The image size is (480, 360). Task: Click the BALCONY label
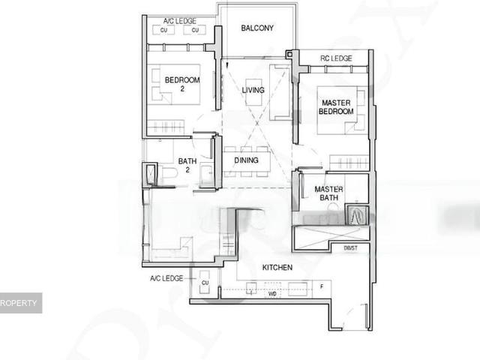257,28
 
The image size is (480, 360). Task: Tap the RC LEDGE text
336,58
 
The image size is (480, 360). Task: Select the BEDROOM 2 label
182,84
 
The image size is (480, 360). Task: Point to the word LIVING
253,91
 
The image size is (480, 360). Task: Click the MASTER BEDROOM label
336,106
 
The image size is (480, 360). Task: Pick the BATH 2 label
187,165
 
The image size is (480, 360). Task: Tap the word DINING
246,160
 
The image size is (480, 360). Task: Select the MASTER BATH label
328,193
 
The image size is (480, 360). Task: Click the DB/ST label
350,247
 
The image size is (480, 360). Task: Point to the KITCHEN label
277,267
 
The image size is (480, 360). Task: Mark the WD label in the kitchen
273,295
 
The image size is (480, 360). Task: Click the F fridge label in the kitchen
321,286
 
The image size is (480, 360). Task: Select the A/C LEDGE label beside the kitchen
166,278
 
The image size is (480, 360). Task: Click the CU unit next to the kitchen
204,283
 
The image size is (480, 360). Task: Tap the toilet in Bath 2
168,174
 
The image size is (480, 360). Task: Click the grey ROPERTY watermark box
20,303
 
